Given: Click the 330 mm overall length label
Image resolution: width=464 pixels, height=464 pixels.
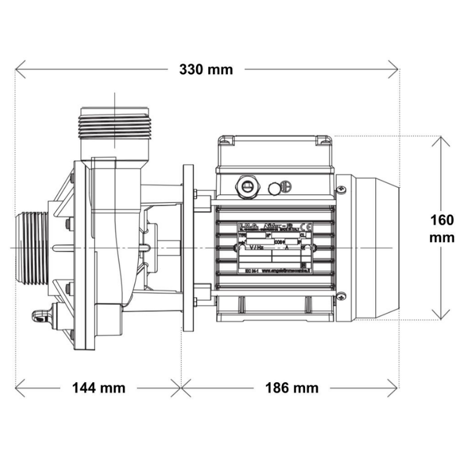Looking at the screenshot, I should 206,70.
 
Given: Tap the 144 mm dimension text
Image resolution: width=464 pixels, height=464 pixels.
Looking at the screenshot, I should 98,387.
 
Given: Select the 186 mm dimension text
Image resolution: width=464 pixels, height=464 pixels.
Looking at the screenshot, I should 292,387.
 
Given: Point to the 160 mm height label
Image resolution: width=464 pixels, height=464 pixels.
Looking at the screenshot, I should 442,229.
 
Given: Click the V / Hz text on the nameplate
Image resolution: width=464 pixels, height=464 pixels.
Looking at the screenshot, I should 256,247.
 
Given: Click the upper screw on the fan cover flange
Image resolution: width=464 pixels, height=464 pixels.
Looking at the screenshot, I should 342,189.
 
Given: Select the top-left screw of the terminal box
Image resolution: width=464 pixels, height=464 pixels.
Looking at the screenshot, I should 227,139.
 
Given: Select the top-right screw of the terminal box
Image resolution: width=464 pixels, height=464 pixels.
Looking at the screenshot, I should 321,139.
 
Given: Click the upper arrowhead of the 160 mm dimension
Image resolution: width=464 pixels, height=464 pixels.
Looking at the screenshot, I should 442,139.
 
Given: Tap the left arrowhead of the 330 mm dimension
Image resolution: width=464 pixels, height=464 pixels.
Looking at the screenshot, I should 19,71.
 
